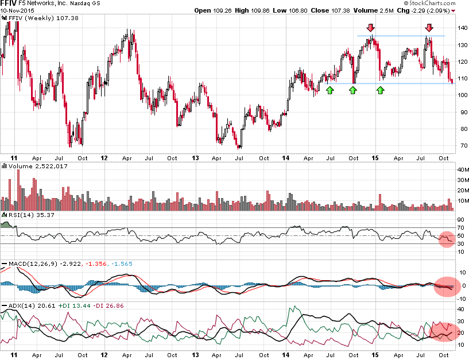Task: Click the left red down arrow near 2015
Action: coord(371,28)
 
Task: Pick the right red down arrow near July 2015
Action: coord(429,28)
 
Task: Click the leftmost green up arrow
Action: coord(330,90)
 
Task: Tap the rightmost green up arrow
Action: coord(380,90)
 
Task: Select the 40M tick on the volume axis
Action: coord(462,170)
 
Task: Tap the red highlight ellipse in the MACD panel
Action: coord(448,285)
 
